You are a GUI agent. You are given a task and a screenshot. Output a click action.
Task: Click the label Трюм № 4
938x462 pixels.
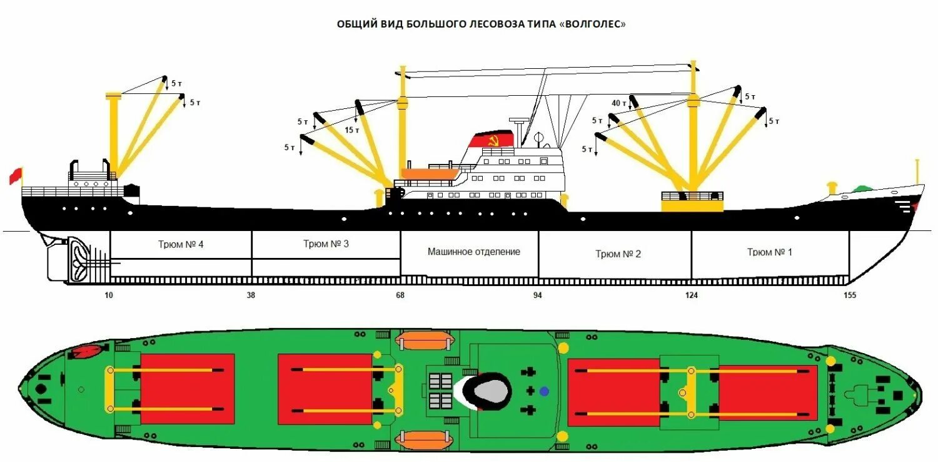pyautogui.click(x=181, y=245)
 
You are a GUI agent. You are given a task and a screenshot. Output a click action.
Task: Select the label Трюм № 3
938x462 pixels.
pyautogui.click(x=326, y=244)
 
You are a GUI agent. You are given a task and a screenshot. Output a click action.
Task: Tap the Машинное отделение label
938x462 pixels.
pyautogui.click(x=474, y=252)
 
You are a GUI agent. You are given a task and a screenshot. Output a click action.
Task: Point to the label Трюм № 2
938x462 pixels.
pyautogui.click(x=618, y=254)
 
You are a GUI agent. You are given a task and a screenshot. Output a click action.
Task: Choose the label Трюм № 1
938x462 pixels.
pyautogui.click(x=769, y=252)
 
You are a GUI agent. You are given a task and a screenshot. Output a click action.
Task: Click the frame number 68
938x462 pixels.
pyautogui.click(x=400, y=295)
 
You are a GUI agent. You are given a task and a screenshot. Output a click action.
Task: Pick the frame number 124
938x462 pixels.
pyautogui.click(x=692, y=295)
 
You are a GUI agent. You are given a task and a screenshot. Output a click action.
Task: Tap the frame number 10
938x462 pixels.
pyautogui.click(x=109, y=295)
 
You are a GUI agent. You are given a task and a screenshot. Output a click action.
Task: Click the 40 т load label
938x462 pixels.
pyautogui.click(x=620, y=103)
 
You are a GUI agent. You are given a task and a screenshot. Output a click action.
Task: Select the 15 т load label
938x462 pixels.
pyautogui.click(x=352, y=130)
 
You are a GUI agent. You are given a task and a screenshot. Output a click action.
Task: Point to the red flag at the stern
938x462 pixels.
pyautogui.click(x=15, y=176)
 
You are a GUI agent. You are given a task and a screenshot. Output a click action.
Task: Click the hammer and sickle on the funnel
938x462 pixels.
pyautogui.click(x=492, y=141)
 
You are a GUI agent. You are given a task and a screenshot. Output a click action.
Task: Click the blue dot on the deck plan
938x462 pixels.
pyautogui.click(x=544, y=391)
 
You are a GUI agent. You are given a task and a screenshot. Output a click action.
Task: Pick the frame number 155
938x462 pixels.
pyautogui.click(x=849, y=295)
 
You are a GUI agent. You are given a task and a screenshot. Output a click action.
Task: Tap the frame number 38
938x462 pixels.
pyautogui.click(x=252, y=295)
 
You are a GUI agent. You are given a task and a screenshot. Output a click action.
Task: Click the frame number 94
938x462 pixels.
pyautogui.click(x=538, y=295)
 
